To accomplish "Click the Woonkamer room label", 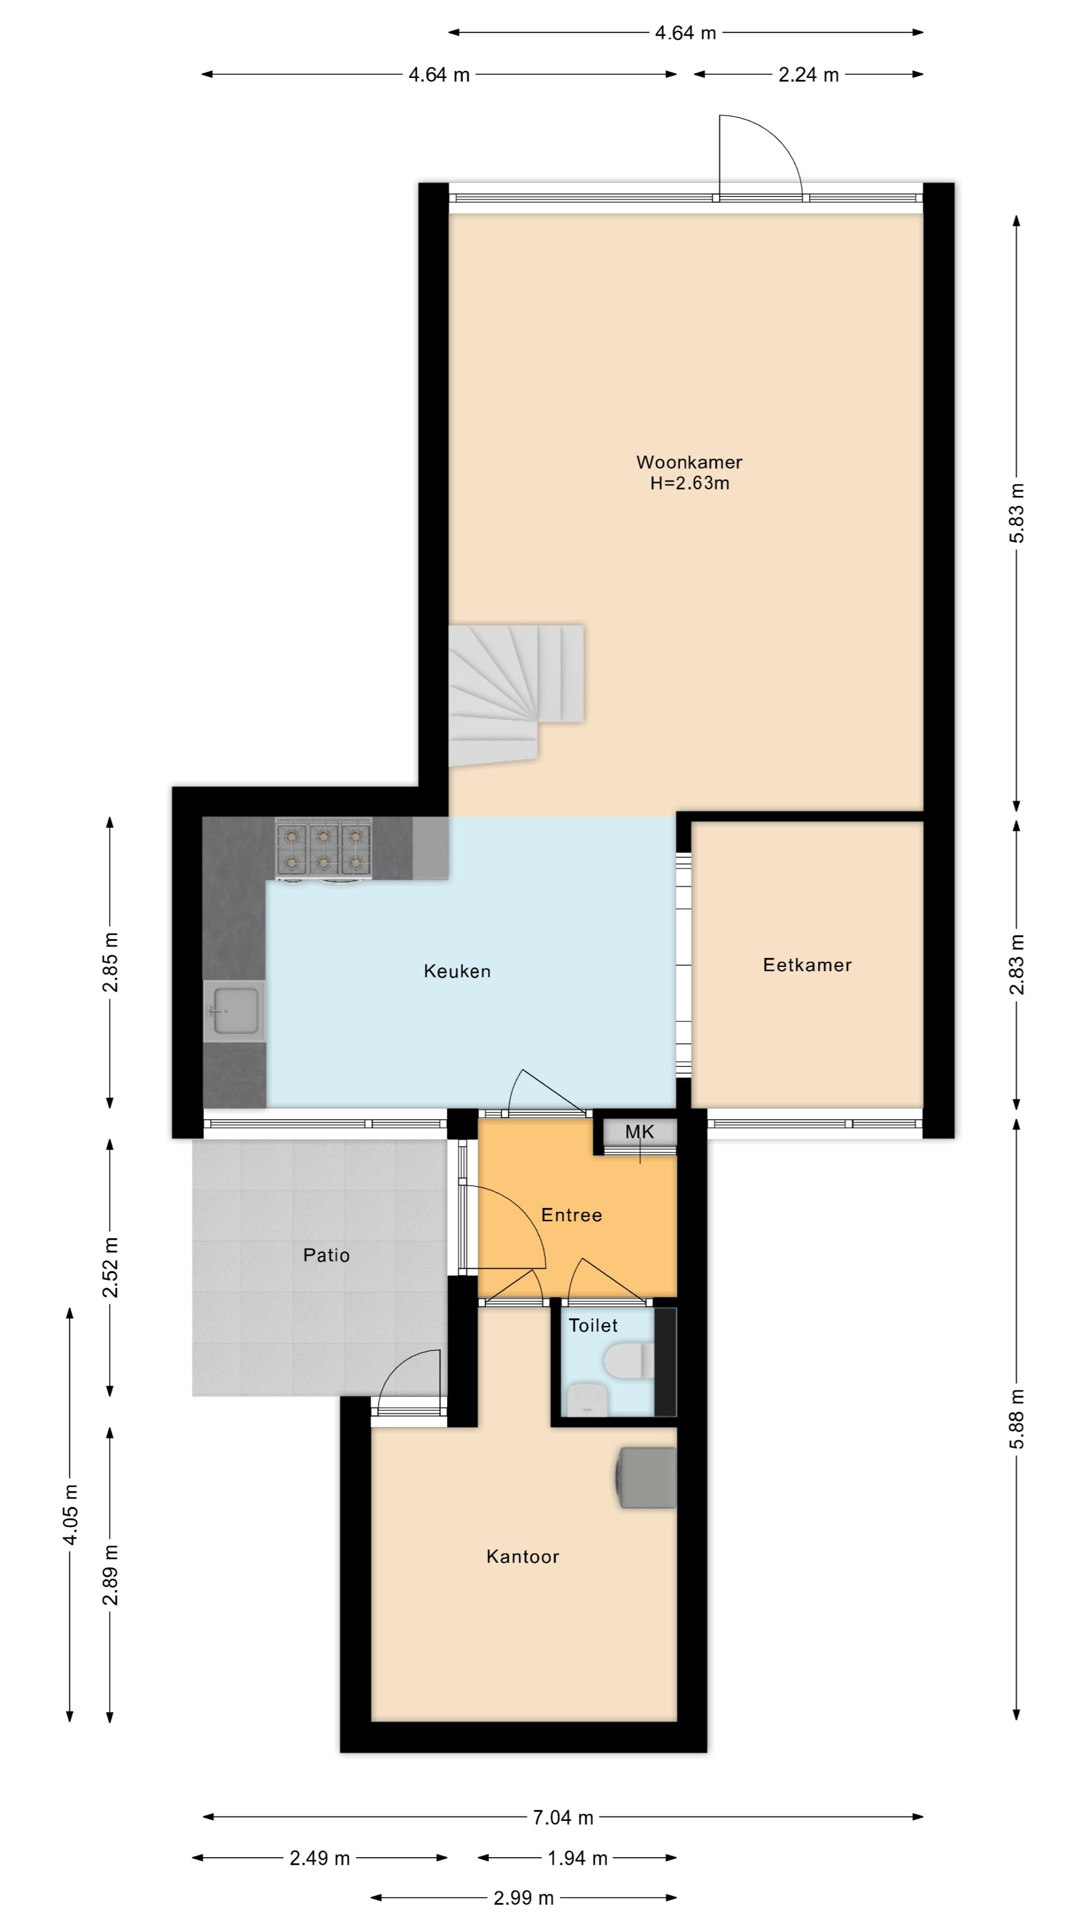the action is [689, 462].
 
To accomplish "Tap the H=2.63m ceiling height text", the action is [689, 483].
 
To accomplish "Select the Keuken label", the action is [457, 971].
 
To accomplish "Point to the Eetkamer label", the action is [807, 965].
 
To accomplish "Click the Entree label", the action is [571, 1215].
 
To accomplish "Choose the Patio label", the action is [326, 1255].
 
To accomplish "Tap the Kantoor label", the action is [522, 1557].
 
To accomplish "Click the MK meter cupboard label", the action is [640, 1132].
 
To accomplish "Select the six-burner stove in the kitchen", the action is [324, 847].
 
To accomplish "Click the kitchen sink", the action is [235, 1011].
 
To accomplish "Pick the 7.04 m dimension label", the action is [563, 1817].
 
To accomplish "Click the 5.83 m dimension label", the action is [1016, 513].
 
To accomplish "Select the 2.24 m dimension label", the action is [808, 75].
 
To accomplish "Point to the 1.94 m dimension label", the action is [577, 1858].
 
